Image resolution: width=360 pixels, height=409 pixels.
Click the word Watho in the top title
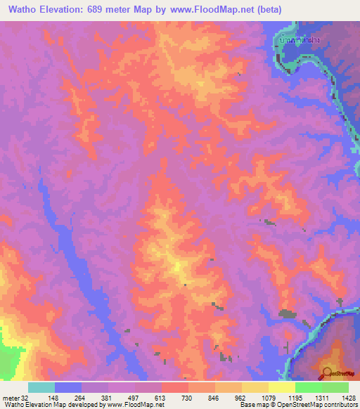click(26, 9)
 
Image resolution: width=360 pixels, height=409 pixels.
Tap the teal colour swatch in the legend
click(41, 387)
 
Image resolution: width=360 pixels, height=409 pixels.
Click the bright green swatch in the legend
click(308, 387)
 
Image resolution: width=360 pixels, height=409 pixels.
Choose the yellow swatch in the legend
click(281, 387)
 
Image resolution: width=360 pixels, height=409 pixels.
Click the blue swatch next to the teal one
click(67, 387)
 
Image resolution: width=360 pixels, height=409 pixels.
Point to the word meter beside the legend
click(11, 398)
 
